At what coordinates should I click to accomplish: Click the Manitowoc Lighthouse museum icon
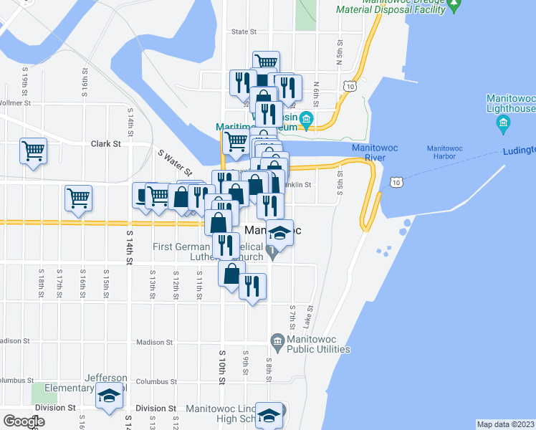503,125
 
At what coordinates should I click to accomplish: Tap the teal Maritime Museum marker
307,120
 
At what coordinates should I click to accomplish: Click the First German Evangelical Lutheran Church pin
272,252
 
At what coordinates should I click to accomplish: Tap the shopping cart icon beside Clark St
34,151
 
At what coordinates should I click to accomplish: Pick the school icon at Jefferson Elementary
109,396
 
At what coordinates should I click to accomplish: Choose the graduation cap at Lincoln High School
269,416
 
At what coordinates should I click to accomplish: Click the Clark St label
105,144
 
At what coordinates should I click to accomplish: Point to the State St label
244,32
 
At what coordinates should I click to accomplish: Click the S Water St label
176,162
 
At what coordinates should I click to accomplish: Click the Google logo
24,421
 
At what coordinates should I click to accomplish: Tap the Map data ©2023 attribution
504,424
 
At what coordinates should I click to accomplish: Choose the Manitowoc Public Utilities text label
318,345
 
